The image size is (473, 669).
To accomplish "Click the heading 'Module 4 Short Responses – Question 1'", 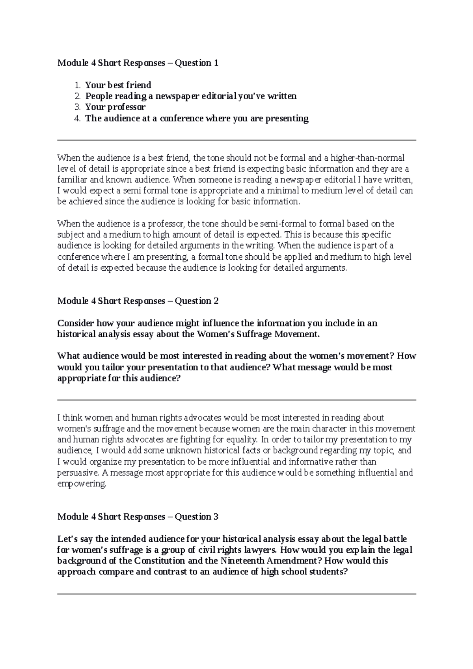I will (138, 63).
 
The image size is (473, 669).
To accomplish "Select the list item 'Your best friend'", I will (118, 85).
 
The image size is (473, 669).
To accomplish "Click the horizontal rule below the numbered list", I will (236, 140).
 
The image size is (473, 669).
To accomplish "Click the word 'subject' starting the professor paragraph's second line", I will (71, 235).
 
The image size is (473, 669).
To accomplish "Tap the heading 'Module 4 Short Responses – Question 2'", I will (138, 301).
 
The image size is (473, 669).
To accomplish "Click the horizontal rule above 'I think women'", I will (236, 400).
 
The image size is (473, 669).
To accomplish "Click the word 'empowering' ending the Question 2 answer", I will (82, 484).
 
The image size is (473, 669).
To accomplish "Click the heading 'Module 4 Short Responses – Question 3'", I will (138, 517).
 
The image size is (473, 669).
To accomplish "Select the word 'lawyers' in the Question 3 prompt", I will (261, 550).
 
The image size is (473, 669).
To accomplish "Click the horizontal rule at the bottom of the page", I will (236, 594).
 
